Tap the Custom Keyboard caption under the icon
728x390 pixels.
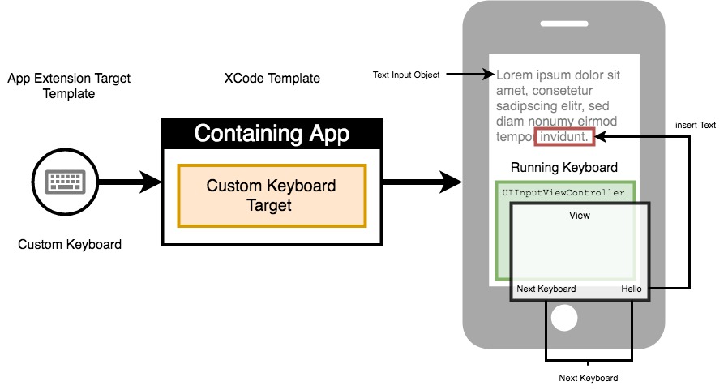point(70,244)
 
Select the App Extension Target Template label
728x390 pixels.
point(69,86)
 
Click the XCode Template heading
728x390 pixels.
point(272,79)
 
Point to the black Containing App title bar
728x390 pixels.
point(272,134)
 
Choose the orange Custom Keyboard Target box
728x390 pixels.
point(272,195)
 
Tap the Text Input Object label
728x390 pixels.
point(406,75)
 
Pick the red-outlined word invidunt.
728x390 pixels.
point(565,137)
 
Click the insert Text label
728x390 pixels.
point(696,126)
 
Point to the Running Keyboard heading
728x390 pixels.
point(564,168)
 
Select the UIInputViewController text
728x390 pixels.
point(564,193)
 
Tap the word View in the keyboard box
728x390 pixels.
point(580,216)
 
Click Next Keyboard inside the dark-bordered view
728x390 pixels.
point(546,289)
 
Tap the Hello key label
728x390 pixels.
point(632,289)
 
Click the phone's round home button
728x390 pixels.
point(564,318)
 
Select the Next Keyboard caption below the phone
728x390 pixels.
point(589,379)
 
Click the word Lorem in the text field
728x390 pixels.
point(513,75)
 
